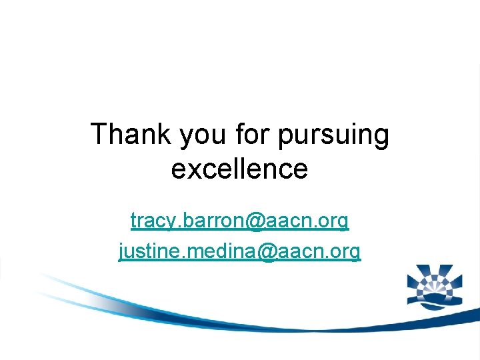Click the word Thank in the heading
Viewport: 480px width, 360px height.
(x=131, y=134)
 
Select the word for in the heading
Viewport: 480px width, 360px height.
(x=253, y=134)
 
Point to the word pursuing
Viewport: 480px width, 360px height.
(x=333, y=135)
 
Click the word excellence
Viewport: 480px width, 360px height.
(x=240, y=169)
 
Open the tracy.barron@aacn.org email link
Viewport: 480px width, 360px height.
(x=240, y=220)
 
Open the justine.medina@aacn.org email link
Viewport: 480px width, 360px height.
(x=240, y=251)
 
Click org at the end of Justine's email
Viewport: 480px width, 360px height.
(x=347, y=253)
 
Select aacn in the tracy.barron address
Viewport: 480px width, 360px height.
(x=290, y=221)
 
